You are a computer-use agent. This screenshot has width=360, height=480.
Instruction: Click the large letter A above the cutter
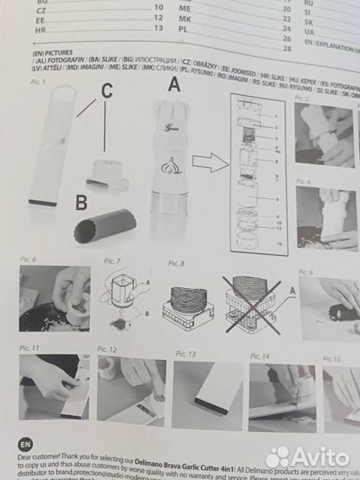pos(173,86)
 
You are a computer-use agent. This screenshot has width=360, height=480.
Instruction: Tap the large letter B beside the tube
pos(81,203)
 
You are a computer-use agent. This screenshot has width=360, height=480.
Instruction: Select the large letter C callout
pos(107,90)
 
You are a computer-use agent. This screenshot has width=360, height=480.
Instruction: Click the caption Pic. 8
pos(176,264)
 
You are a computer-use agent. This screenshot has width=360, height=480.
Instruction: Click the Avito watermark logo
pos(307,456)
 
